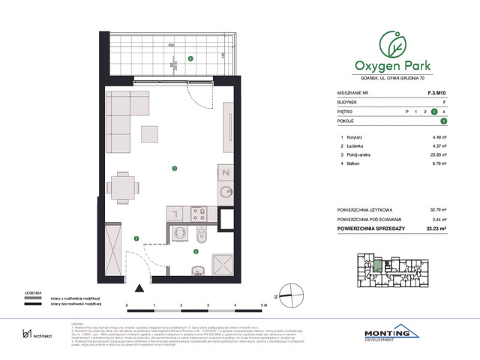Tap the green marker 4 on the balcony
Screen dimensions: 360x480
[x=190, y=58]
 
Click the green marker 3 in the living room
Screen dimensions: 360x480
[x=174, y=168]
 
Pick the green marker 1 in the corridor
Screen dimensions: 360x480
[x=136, y=238]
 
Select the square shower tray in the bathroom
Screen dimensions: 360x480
[x=223, y=263]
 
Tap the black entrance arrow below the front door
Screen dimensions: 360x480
[x=139, y=287]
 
